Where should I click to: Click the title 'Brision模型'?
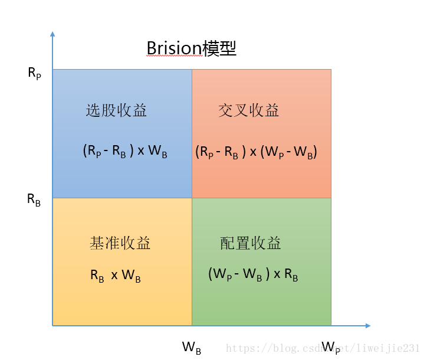coord(191,48)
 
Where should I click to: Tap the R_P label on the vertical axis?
coord(34,73)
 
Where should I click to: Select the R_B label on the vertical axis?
coord(34,199)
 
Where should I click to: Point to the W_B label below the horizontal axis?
coord(192,348)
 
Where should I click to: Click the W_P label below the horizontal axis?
coord(331,347)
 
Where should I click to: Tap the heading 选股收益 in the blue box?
coord(116,110)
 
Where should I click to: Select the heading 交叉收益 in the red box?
coord(248,110)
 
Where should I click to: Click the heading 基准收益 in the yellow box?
coord(120,243)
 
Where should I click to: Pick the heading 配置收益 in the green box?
coord(251,243)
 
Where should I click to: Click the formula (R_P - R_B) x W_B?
coord(125,151)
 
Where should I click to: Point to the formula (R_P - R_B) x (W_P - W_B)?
coord(257,152)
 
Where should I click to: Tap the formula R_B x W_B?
coord(116,276)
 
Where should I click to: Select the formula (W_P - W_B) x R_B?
coord(253,275)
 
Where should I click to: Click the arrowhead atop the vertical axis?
coord(52,34)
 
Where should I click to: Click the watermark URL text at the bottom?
coord(323,349)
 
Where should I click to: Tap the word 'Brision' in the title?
coord(174,48)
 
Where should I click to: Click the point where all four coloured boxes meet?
coord(192,198)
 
